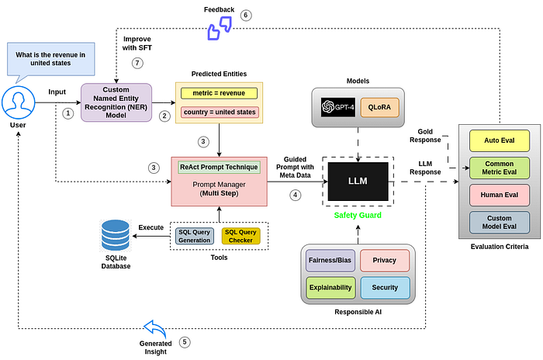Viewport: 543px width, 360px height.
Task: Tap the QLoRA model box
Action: click(379, 108)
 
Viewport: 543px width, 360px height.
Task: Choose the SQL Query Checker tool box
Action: click(240, 235)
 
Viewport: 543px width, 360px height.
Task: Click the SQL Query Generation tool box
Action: click(195, 235)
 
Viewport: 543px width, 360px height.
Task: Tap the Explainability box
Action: click(330, 288)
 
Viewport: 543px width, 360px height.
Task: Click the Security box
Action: click(384, 288)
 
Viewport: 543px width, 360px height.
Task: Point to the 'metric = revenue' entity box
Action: click(219, 93)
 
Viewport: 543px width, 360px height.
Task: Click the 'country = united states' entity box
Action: click(219, 113)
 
